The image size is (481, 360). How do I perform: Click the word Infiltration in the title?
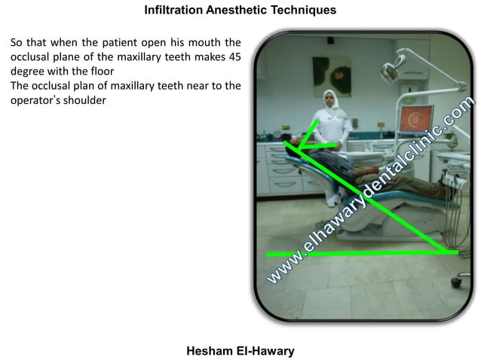[x=171, y=11]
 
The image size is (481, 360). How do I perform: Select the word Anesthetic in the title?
[x=235, y=11]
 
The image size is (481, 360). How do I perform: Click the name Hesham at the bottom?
[x=207, y=350]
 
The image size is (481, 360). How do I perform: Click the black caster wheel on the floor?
[x=455, y=282]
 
